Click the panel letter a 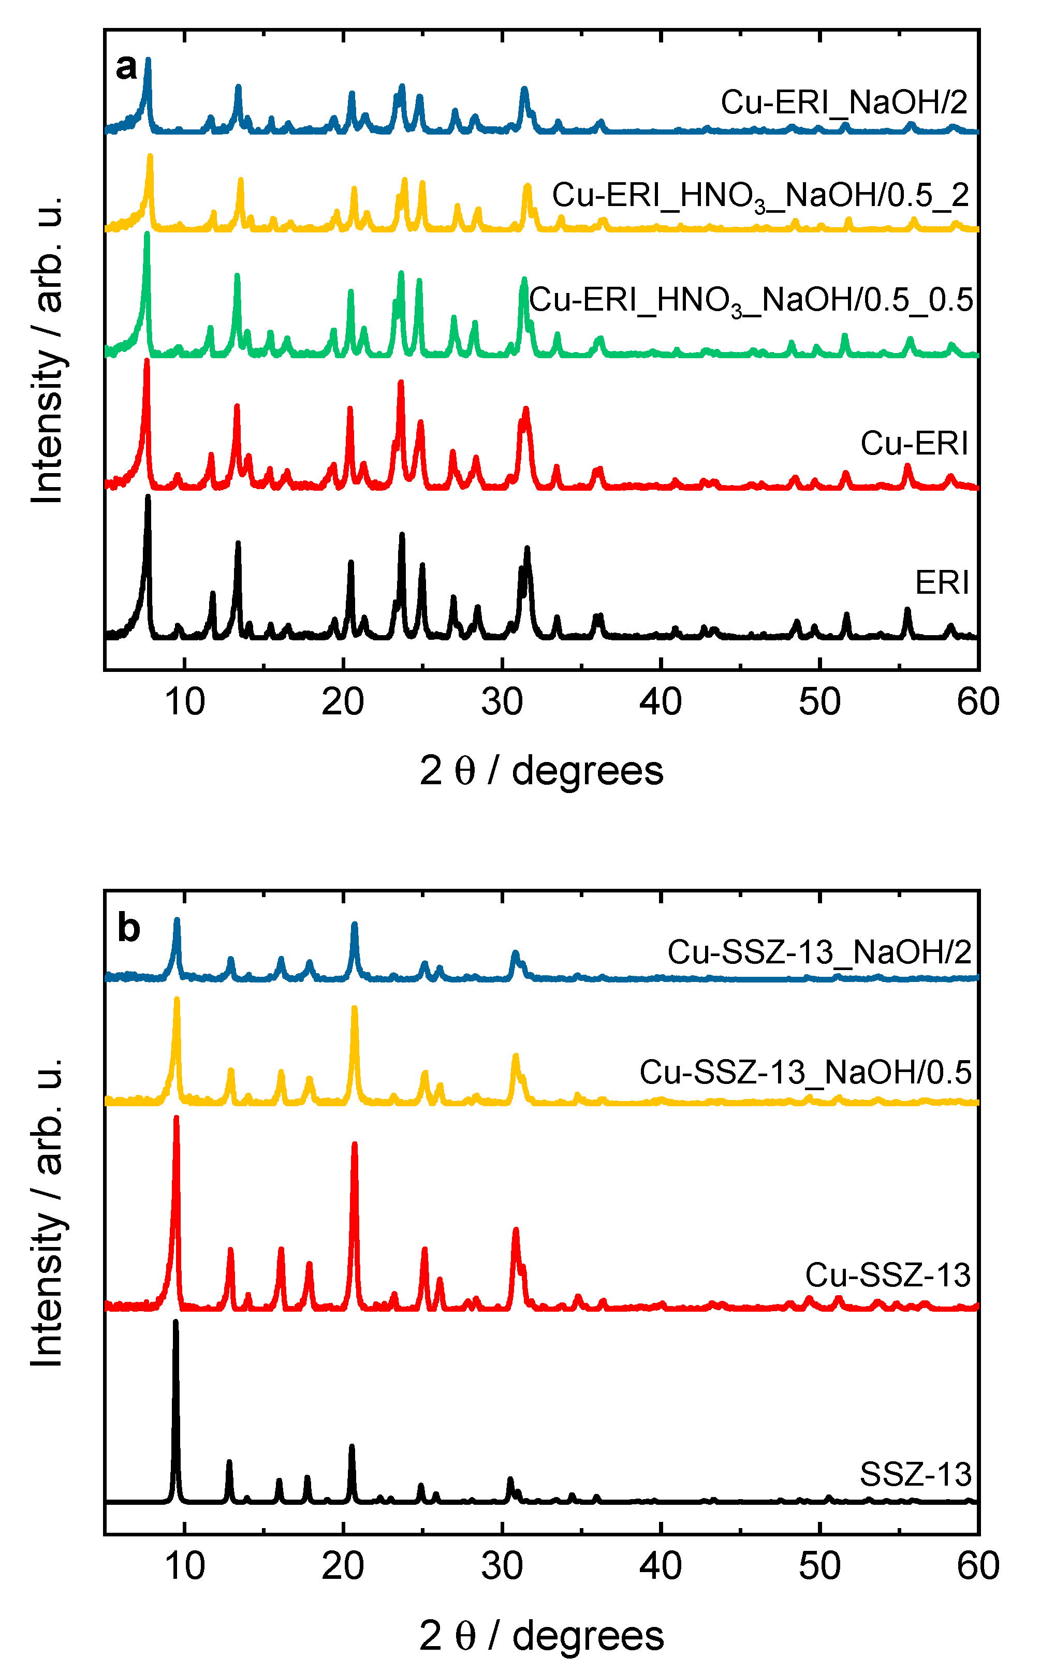coord(126,67)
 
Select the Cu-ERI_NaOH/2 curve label coord(843,102)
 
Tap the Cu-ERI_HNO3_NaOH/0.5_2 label coord(760,196)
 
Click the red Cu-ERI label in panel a coord(914,444)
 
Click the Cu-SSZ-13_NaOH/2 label coord(818,952)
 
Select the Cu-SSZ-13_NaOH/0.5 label coord(805,1072)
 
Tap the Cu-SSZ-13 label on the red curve coord(887,1275)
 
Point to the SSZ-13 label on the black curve coord(915,1474)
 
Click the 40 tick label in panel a coord(661,703)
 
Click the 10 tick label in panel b coord(184,1566)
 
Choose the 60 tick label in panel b coord(977,1566)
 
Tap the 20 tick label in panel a coord(343,703)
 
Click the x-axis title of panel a coord(541,770)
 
